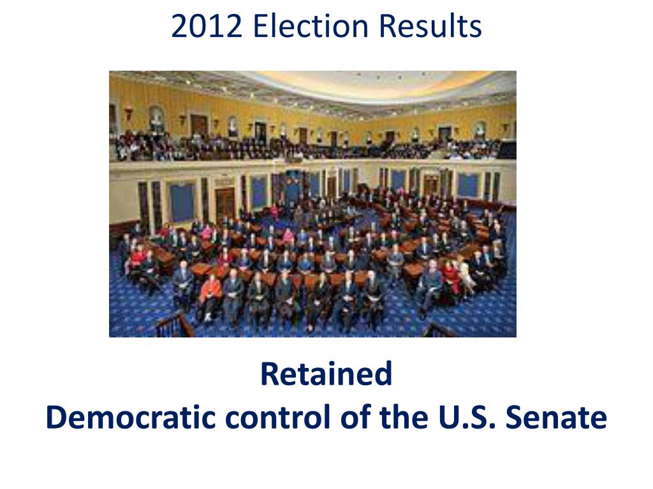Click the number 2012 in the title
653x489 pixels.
(207, 26)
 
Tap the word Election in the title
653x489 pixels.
(311, 26)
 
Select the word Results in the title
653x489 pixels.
(430, 26)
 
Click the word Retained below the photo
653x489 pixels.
(326, 374)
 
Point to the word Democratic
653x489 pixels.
(130, 416)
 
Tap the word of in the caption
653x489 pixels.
(355, 416)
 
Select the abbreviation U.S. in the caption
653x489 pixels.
(467, 416)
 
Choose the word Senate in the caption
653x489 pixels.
(556, 416)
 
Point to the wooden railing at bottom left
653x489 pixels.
(174, 324)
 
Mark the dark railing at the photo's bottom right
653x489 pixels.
(438, 330)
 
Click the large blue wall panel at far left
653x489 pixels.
(182, 202)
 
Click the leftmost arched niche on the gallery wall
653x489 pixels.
(157, 119)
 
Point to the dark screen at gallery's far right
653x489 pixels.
(507, 150)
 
